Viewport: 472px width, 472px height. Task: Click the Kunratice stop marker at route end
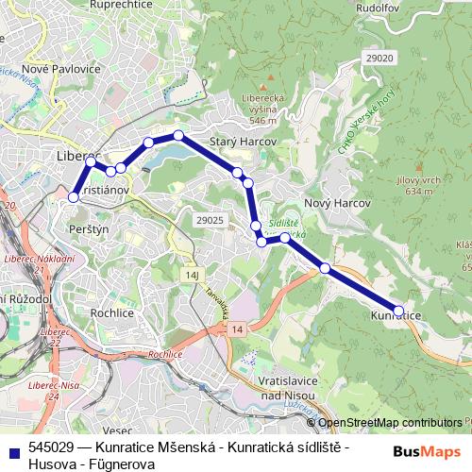[398, 310]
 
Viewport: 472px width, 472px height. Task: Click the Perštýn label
[91, 229]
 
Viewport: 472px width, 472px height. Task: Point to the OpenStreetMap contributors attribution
[390, 423]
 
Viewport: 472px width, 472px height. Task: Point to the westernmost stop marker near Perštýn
[74, 197]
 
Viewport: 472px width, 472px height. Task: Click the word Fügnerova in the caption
[123, 464]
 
